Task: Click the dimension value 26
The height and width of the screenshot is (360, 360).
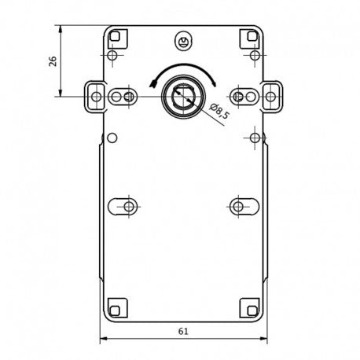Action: click(x=53, y=61)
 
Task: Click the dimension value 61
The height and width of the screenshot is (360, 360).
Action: click(x=183, y=332)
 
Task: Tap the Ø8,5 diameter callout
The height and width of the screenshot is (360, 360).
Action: click(x=219, y=111)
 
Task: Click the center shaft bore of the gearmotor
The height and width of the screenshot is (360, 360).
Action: click(x=184, y=97)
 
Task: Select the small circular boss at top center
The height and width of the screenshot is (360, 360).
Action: click(x=183, y=41)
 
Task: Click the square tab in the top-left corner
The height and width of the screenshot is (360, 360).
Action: click(x=118, y=39)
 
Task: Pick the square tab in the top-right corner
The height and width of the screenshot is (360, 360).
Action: click(x=250, y=39)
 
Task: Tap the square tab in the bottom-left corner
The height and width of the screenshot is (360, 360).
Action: click(x=118, y=308)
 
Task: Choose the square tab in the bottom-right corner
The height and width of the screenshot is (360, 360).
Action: click(x=250, y=308)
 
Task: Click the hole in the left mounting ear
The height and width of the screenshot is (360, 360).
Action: click(x=97, y=97)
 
